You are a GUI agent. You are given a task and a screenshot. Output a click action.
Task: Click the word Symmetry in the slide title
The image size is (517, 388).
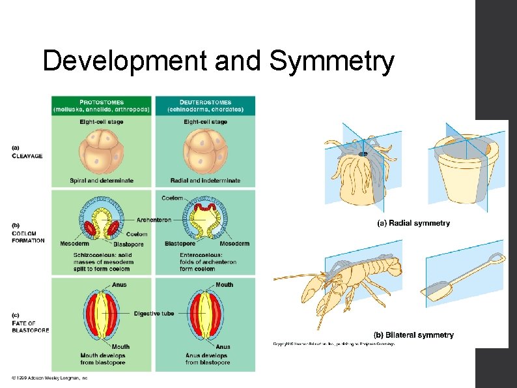[x=331, y=63]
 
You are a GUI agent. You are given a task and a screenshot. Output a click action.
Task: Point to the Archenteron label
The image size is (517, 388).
[x=154, y=220]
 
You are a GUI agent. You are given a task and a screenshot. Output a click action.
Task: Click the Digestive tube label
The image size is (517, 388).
[x=154, y=313]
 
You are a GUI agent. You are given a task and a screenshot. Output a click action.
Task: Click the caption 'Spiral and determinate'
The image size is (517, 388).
[x=102, y=181]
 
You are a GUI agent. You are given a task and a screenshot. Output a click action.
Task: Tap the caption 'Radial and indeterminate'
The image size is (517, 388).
[x=205, y=181]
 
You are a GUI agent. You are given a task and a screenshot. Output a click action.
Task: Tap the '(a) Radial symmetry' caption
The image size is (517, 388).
[x=413, y=223]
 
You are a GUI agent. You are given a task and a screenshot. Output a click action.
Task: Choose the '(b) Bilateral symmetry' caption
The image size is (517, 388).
[x=413, y=335]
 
